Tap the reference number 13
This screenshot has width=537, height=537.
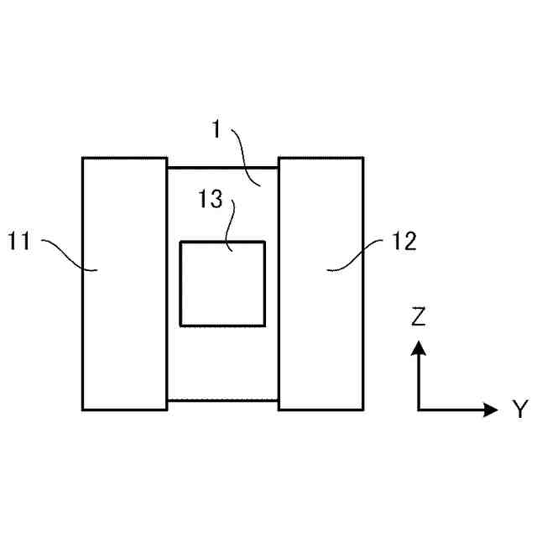[x=211, y=201]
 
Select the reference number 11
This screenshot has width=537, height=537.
[x=20, y=242]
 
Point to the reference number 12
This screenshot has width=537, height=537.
[x=404, y=242]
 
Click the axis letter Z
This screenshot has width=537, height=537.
[x=419, y=316]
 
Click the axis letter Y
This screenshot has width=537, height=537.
[x=519, y=409]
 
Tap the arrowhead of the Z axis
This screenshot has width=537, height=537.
[x=419, y=347]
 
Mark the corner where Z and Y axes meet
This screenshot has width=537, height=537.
[x=419, y=409]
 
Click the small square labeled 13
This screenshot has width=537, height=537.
[x=222, y=284]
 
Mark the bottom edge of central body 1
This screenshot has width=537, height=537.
[x=222, y=400]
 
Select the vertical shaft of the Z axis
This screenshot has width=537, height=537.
[x=419, y=382]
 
